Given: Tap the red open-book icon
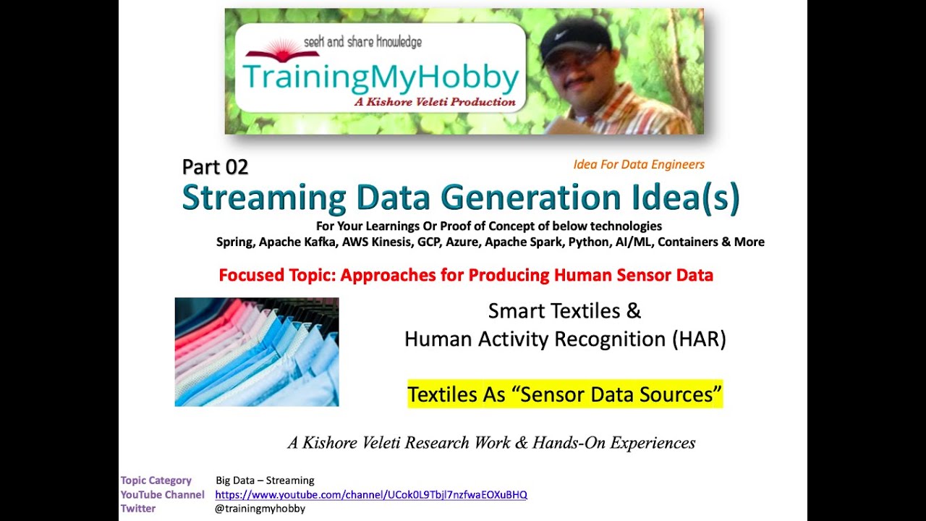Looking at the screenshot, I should tap(272, 52).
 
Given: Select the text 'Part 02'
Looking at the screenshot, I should tap(215, 167).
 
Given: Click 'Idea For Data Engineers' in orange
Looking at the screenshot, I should tap(639, 165).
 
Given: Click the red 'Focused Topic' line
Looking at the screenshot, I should tap(466, 275).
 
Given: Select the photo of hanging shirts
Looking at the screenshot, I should tap(257, 352).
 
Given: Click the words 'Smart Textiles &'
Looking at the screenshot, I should tap(564, 311).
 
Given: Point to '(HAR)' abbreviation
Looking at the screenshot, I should tap(697, 339).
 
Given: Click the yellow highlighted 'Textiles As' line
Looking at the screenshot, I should tap(564, 394).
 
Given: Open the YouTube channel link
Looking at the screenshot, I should tap(371, 495).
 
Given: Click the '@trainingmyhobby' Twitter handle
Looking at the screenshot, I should tap(260, 509).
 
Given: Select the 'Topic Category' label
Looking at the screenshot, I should tap(156, 480).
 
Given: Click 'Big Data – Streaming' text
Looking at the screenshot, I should tap(265, 480).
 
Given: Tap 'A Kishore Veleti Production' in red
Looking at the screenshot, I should tap(434, 102).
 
